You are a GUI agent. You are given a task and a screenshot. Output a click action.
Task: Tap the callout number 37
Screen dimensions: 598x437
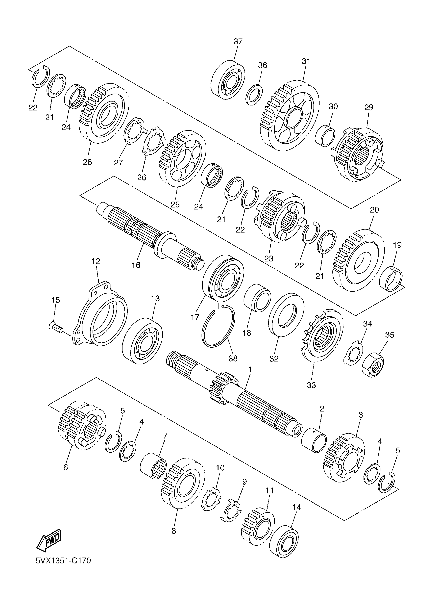coord(238,42)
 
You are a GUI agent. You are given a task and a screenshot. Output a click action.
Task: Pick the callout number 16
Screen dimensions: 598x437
coord(136,265)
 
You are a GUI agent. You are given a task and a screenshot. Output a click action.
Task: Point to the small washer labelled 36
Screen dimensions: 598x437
coord(254,95)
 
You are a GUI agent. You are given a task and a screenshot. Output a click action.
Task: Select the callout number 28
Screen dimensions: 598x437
coord(87,162)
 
